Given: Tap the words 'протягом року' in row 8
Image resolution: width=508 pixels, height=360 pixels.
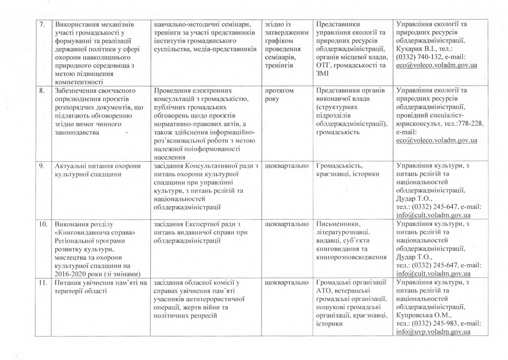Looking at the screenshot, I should (x=279, y=94).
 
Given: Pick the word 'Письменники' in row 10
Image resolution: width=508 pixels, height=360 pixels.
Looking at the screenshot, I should (x=337, y=223).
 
